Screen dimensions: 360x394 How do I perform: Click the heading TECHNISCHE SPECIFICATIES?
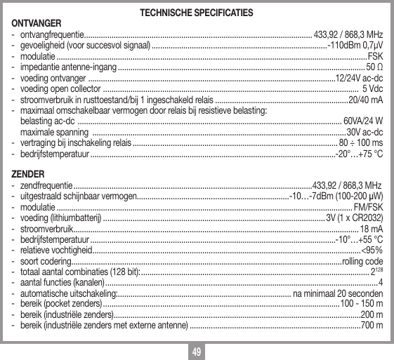pyautogui.click(x=197, y=13)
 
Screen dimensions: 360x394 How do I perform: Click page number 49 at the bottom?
pyautogui.click(x=197, y=350)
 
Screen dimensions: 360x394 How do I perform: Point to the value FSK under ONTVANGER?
pyautogui.click(x=375, y=55)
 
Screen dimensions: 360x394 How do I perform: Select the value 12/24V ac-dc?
pyautogui.click(x=360, y=78)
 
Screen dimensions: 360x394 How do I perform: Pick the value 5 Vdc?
pyautogui.click(x=372, y=89)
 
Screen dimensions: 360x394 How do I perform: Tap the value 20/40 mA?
pyautogui.click(x=366, y=100)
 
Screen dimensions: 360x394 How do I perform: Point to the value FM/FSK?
pyautogui.click(x=369, y=208)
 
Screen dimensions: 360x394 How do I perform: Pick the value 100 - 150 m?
pyautogui.click(x=362, y=304)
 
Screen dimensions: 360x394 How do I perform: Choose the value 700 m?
pyautogui.click(x=372, y=326)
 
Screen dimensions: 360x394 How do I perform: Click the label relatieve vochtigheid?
pyautogui.click(x=55, y=251)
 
